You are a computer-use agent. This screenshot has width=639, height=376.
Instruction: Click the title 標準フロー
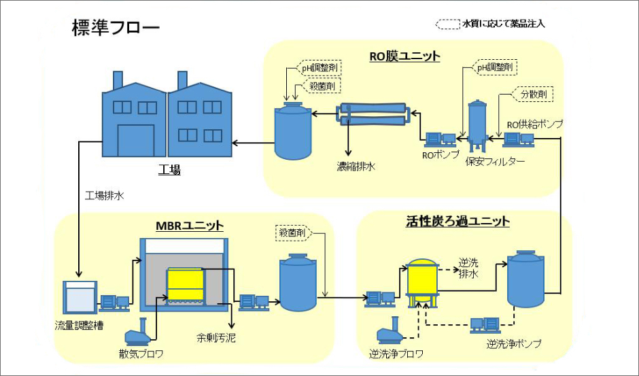point(115,28)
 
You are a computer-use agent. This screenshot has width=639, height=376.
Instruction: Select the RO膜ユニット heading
point(404,56)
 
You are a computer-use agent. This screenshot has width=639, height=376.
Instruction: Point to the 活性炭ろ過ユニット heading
point(457,222)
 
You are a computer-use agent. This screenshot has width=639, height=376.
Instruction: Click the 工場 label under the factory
point(170,170)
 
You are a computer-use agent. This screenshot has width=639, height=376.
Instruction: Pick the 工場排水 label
point(105,196)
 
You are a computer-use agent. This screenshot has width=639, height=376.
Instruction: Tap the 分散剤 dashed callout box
point(532,95)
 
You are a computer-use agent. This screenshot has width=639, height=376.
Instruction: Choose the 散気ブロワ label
point(141,354)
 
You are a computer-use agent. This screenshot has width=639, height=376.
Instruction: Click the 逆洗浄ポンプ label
point(514,344)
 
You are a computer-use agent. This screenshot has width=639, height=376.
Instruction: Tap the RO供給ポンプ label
point(535,124)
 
